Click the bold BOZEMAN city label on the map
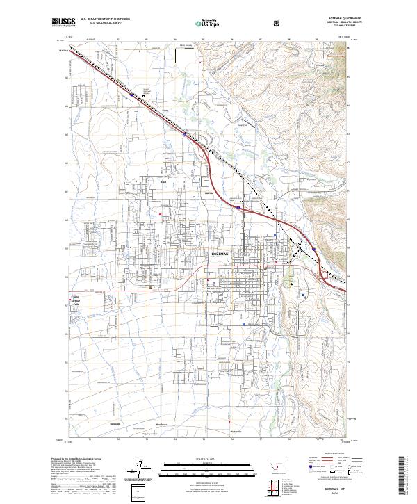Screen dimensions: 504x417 coord(221,254)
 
